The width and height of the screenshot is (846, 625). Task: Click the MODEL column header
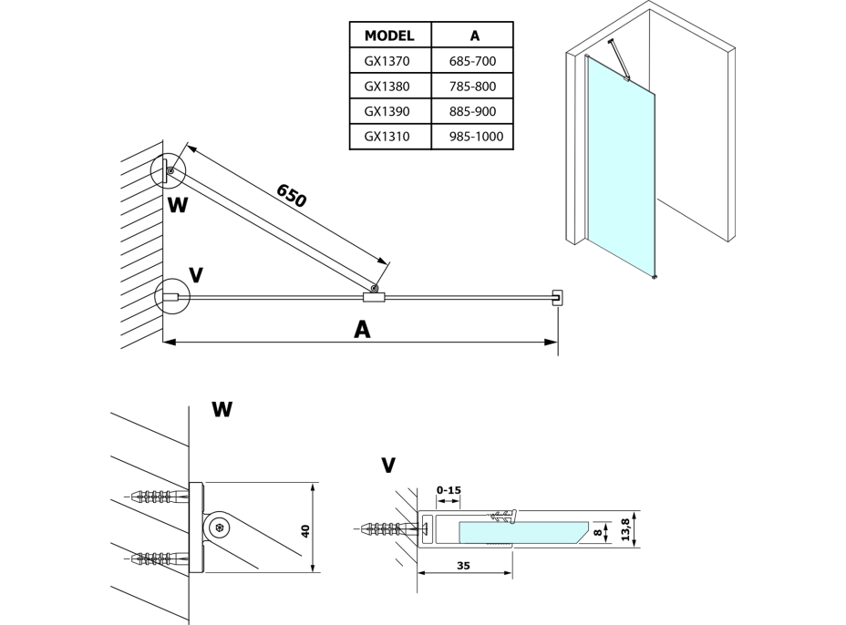(389, 36)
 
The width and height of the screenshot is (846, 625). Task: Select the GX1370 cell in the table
(389, 61)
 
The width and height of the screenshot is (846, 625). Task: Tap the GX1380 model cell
(389, 87)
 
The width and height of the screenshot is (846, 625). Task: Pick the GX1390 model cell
(389, 112)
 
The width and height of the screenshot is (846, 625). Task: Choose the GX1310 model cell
(389, 138)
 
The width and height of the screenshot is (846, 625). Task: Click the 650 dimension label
(291, 194)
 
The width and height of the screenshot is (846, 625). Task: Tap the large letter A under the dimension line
(362, 330)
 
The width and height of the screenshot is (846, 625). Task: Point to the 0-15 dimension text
(449, 491)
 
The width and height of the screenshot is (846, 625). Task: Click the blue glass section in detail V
(520, 531)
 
